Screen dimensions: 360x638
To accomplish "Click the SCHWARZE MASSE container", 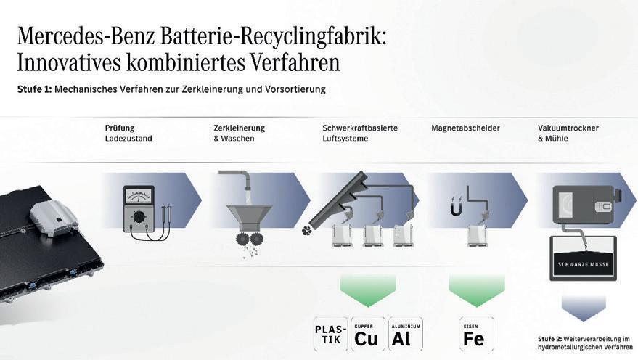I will pos(584,258).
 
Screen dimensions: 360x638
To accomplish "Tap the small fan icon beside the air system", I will pos(306,232).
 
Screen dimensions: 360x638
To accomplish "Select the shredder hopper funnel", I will pos(249,216).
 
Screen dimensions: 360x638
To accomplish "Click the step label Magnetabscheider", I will pos(465,128).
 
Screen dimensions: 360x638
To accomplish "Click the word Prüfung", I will pos(120,128).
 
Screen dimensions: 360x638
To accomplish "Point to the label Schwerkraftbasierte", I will pos(360,128).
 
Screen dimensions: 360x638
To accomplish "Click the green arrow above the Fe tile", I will pos(476,290).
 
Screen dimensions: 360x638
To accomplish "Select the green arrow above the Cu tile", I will pos(367,290).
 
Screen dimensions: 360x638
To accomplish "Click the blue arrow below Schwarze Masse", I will pos(584,306).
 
